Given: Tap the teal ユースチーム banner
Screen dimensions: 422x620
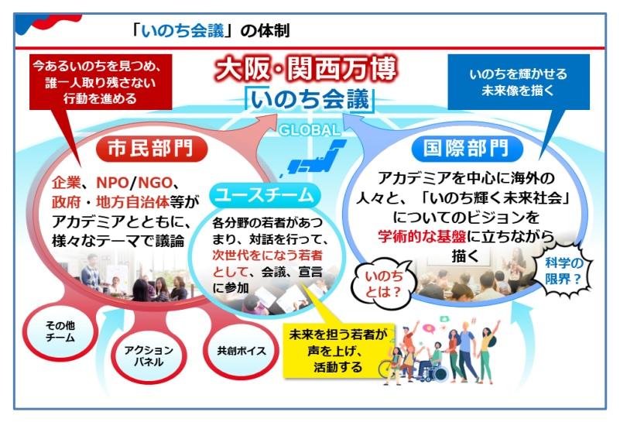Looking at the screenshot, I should tap(264, 194).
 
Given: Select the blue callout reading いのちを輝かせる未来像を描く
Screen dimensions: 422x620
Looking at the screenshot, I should tap(519, 82).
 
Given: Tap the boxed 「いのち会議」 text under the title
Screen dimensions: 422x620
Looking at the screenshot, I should tap(309, 101).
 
